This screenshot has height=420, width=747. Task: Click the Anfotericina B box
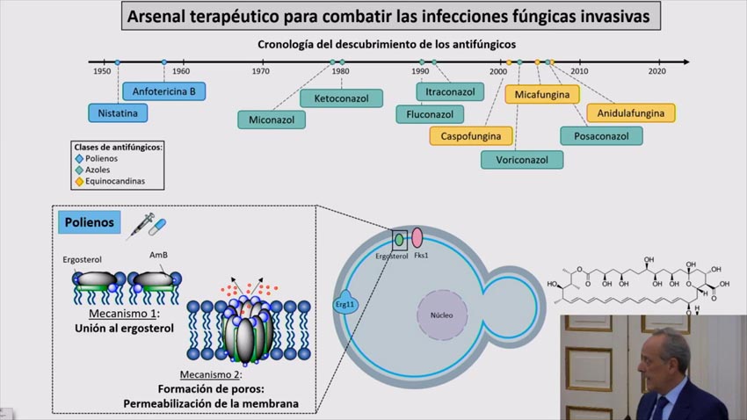[x=164, y=91]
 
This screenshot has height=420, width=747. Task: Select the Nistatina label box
[x=119, y=112]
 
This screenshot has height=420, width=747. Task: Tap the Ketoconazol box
[x=341, y=98]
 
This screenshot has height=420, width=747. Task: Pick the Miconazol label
[x=272, y=119]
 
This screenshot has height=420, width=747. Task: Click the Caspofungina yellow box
[x=471, y=136]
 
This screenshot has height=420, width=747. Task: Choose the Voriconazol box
[x=522, y=160]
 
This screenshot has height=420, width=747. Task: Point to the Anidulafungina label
[x=631, y=113]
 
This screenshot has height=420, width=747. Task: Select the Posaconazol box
[x=601, y=136]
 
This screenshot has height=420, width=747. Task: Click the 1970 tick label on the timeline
[x=260, y=71]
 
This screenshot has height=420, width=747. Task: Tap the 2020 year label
[x=658, y=71]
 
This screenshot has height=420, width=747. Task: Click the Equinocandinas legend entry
[x=110, y=182]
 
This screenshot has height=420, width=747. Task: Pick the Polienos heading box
[x=88, y=222]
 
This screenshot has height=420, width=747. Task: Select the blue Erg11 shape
[x=344, y=301]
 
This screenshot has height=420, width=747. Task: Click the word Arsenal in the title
[x=163, y=16]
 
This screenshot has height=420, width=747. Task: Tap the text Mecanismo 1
[x=124, y=314]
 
